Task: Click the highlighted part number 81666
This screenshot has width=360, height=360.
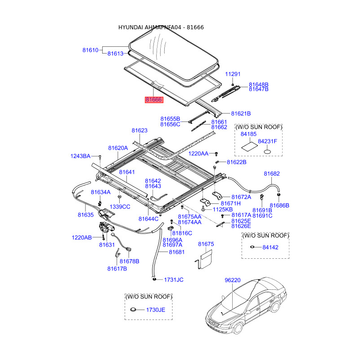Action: pos(153,100)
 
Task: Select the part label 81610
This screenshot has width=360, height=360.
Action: pos(90,50)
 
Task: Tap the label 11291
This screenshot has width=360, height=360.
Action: pos(233,74)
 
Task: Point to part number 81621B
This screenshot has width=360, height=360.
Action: pos(241,114)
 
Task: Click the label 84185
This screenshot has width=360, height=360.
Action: pos(248,134)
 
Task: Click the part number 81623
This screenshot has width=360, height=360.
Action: pos(139,130)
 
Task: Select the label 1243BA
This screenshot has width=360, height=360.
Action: pos(81,156)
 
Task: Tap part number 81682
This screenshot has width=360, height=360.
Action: pos(272,174)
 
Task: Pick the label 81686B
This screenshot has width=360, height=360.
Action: pos(279,206)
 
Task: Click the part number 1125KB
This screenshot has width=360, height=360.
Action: pos(223,210)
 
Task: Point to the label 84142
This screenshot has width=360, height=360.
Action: pos(270,247)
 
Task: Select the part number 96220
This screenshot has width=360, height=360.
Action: pos(233,280)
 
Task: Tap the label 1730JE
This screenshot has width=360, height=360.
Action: pos(155,310)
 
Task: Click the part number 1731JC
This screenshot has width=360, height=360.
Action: pos(173,280)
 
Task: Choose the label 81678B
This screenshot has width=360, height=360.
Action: pos(130,261)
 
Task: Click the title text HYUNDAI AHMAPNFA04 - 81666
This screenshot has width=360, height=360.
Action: pos(161,27)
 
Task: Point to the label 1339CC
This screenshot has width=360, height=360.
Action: pos(121,207)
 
